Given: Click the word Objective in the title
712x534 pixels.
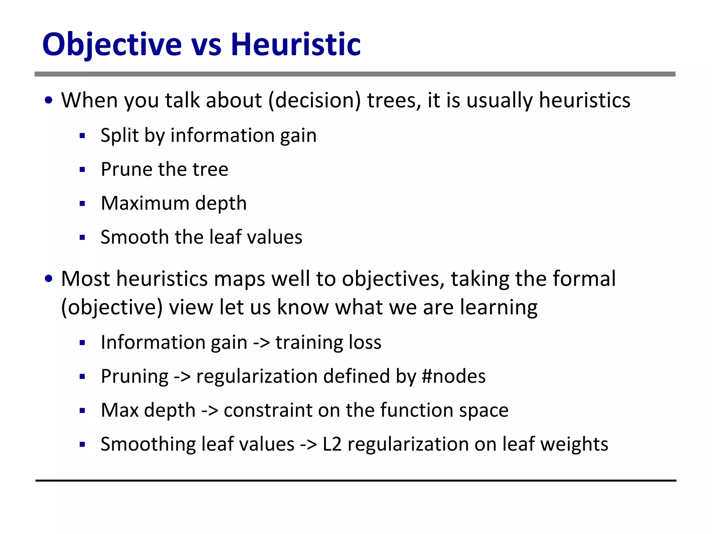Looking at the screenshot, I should coord(112,44).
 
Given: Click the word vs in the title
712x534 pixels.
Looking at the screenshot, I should coord(206,45).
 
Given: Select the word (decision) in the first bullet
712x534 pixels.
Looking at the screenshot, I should coord(315,100).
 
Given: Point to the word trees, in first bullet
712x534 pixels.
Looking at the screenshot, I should coord(394,100).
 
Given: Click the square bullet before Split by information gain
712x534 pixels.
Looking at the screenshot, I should coord(82,136).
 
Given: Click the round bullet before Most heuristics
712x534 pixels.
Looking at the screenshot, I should coord(49,279).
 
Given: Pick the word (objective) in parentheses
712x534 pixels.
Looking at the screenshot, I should coord(112,308).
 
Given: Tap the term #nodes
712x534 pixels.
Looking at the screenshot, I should coord(453,376).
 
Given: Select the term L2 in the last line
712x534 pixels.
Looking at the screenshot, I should coord(332,444).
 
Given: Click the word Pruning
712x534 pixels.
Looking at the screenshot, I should coord(135,377).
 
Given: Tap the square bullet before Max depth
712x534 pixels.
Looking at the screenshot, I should coord(82,411).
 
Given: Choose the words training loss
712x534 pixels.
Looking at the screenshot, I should coord(328,342).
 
